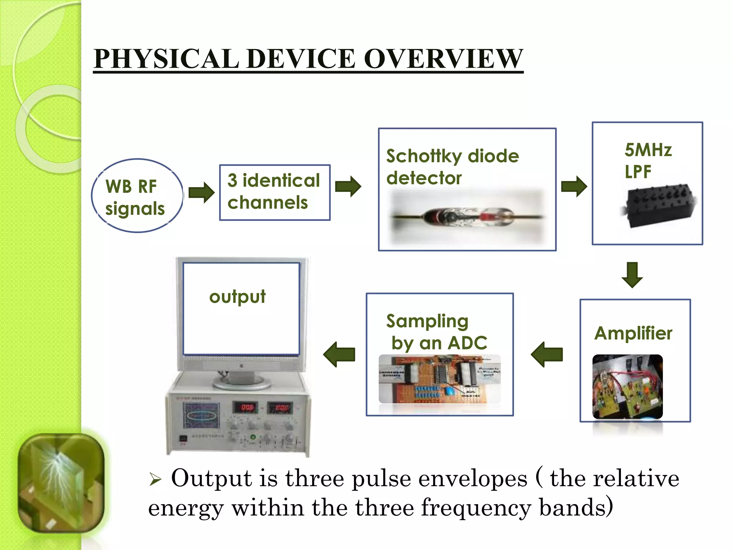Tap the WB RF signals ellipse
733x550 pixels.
tap(137, 196)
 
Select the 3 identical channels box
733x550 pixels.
tap(275, 192)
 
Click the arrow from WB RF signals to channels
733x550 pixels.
tap(201, 192)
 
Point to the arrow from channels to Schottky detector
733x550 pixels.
tap(348, 186)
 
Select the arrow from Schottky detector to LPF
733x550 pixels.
tap(574, 186)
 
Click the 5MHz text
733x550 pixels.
tap(648, 150)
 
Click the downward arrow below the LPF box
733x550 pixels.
tap(632, 275)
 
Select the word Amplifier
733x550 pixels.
tap(633, 333)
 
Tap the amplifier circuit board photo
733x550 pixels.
tap(627, 387)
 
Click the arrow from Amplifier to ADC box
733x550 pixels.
tap(547, 354)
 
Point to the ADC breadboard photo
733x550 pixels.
tap(440, 379)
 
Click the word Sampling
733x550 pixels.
tap(427, 321)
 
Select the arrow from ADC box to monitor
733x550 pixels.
tap(339, 354)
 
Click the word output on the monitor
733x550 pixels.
tap(237, 297)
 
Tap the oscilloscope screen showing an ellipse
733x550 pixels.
tap(202, 415)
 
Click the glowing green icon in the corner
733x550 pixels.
tap(61, 483)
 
